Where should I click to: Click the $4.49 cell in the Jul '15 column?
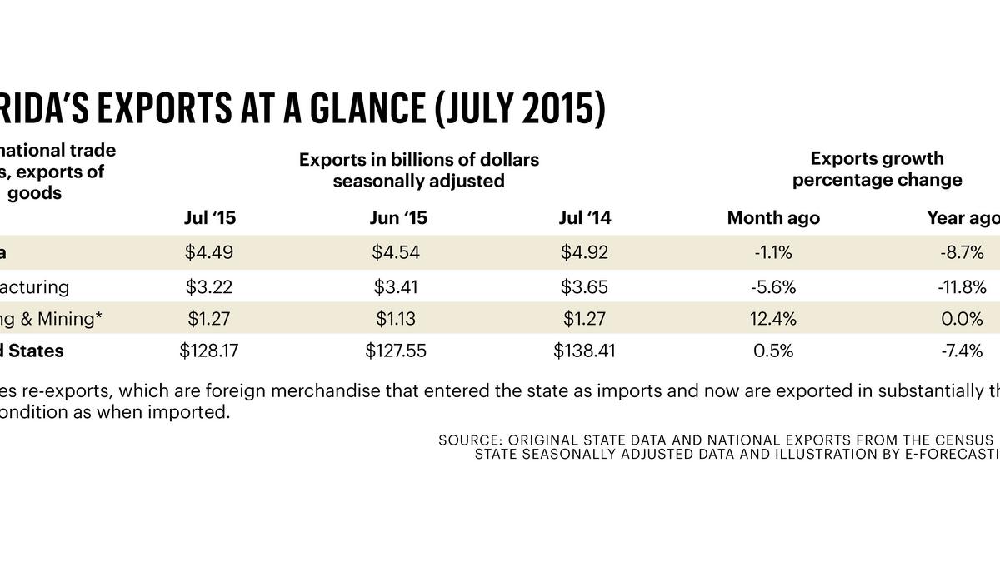(x=209, y=253)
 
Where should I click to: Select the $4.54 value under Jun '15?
(x=396, y=253)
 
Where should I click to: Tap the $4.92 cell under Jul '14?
(x=585, y=253)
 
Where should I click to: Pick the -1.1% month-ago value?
(x=773, y=253)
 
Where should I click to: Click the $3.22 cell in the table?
(x=209, y=287)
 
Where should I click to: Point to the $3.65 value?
(x=585, y=287)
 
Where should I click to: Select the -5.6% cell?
(x=773, y=287)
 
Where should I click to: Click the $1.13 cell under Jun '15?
(x=396, y=318)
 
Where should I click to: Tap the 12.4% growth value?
(x=773, y=318)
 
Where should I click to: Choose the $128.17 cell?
(x=209, y=351)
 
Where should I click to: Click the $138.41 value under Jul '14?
(x=585, y=351)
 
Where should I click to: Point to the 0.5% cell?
(x=773, y=351)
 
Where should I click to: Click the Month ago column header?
(x=773, y=218)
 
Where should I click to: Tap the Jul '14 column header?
(x=585, y=218)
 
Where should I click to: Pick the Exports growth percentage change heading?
(x=877, y=169)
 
